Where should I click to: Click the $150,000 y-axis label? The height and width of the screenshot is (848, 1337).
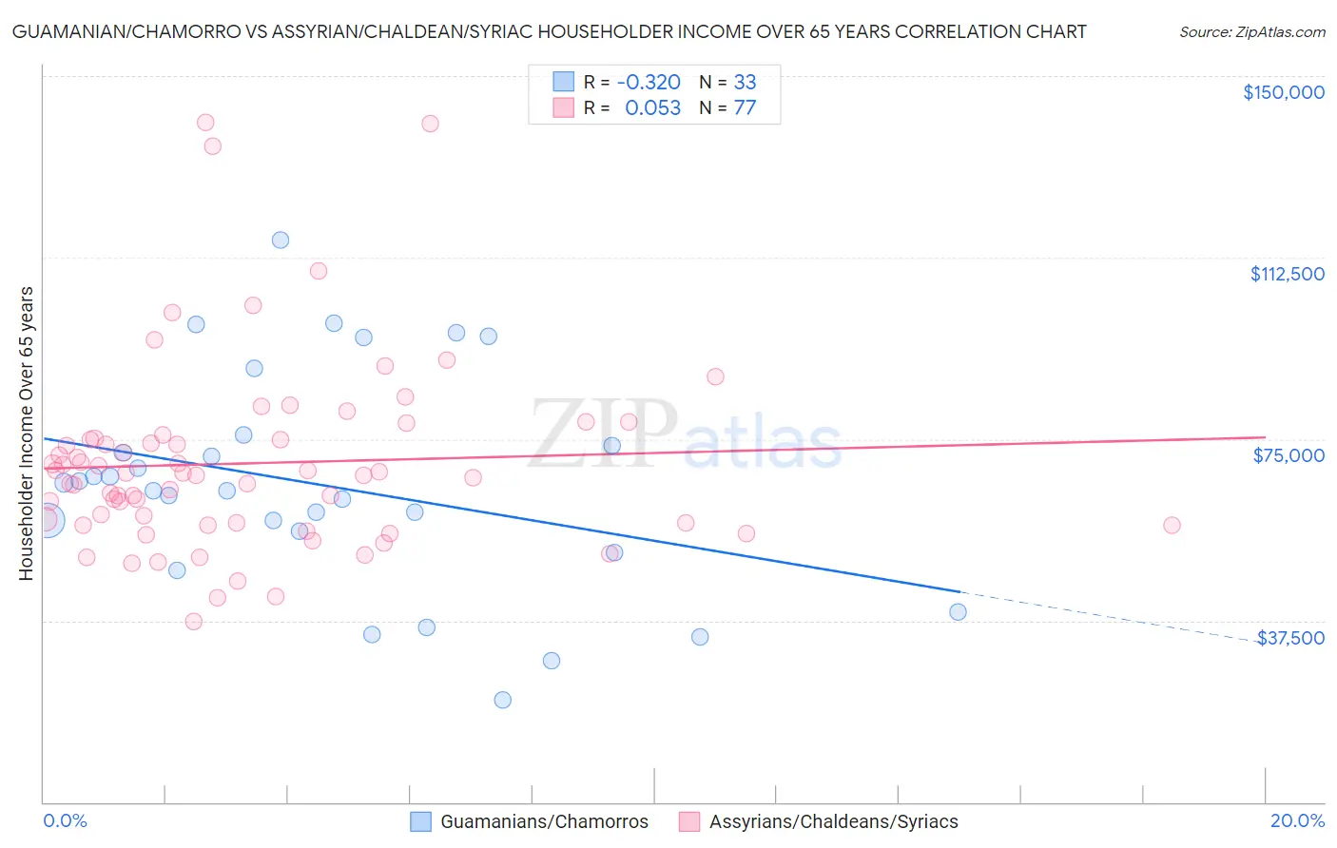(x=1283, y=92)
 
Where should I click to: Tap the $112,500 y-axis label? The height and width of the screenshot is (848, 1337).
(x=1287, y=274)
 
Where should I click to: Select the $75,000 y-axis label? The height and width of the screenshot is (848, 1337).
(x=1289, y=455)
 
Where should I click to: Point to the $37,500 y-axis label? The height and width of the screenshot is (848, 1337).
(x=1290, y=638)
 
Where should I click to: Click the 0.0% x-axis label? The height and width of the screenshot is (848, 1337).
(x=65, y=820)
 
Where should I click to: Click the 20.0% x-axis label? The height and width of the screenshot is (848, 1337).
(x=1297, y=820)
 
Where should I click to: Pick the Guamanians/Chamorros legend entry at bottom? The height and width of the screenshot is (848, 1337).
(x=530, y=821)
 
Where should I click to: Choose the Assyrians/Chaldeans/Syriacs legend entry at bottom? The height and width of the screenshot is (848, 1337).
(x=819, y=821)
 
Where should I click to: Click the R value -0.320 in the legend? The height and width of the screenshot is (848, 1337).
(x=649, y=82)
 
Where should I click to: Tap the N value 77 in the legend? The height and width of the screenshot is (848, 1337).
(x=745, y=107)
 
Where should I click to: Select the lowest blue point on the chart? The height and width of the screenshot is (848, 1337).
(x=502, y=700)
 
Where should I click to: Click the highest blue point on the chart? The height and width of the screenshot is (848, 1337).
(x=281, y=240)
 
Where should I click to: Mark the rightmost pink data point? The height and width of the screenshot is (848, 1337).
(x=1172, y=526)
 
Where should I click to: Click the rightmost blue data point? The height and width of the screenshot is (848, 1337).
(x=958, y=612)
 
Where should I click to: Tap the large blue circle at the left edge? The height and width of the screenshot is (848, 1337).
(x=47, y=520)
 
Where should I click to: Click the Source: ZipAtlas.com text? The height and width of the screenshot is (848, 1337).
(x=1251, y=32)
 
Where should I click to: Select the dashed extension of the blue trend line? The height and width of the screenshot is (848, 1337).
(x=1103, y=615)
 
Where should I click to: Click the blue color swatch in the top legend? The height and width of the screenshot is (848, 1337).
(x=564, y=82)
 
